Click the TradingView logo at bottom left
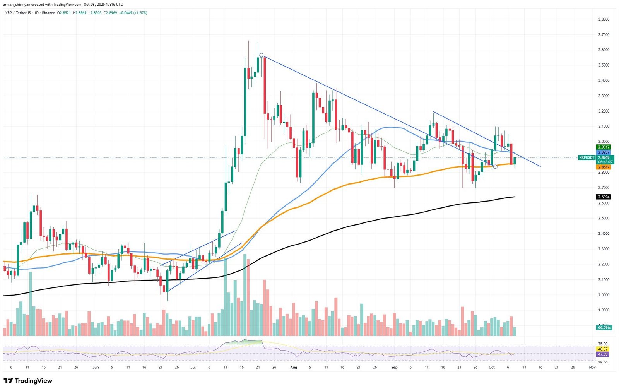(x=27, y=381)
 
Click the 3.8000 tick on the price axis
(x=604, y=19)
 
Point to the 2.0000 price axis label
(x=604, y=295)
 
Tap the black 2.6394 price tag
(x=604, y=197)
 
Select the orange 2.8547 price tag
(x=604, y=167)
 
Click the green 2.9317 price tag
(x=604, y=147)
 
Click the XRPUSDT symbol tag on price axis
(x=587, y=157)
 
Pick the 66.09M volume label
(x=604, y=327)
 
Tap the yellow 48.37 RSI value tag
(x=603, y=349)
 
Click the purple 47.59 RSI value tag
(x=603, y=354)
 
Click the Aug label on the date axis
(x=294, y=367)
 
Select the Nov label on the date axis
(x=592, y=367)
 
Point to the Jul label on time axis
(x=193, y=367)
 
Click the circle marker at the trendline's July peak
(x=262, y=55)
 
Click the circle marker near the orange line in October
(x=495, y=167)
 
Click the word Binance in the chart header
(x=48, y=13)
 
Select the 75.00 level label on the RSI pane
(x=603, y=344)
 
